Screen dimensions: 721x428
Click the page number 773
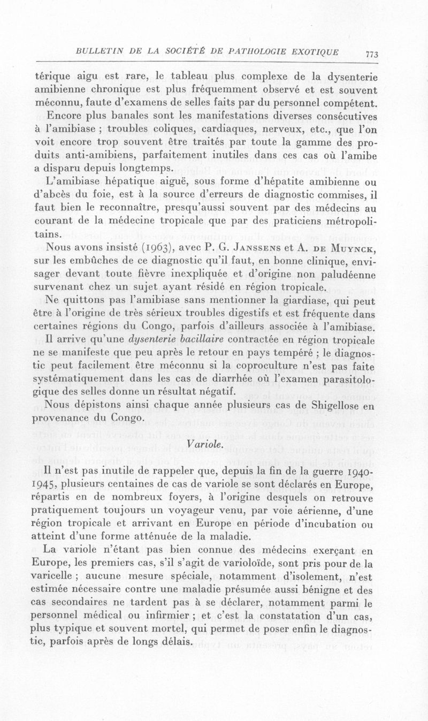371,54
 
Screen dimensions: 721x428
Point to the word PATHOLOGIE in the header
251,52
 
